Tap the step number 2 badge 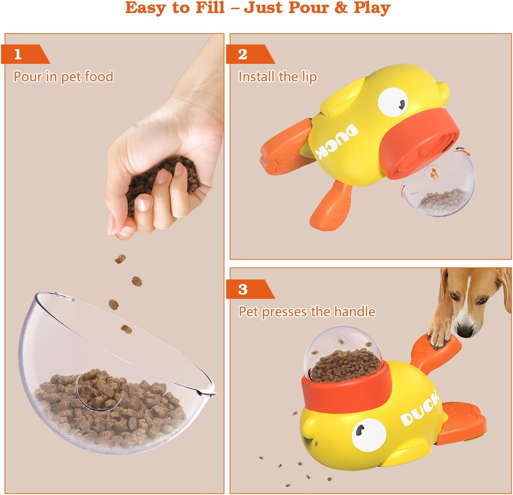243,54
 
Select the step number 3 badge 243,289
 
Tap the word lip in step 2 309,77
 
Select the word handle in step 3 354,312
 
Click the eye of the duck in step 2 393,101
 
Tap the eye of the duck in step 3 368,434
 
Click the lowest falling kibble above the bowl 126,330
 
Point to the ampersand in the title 341,8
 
